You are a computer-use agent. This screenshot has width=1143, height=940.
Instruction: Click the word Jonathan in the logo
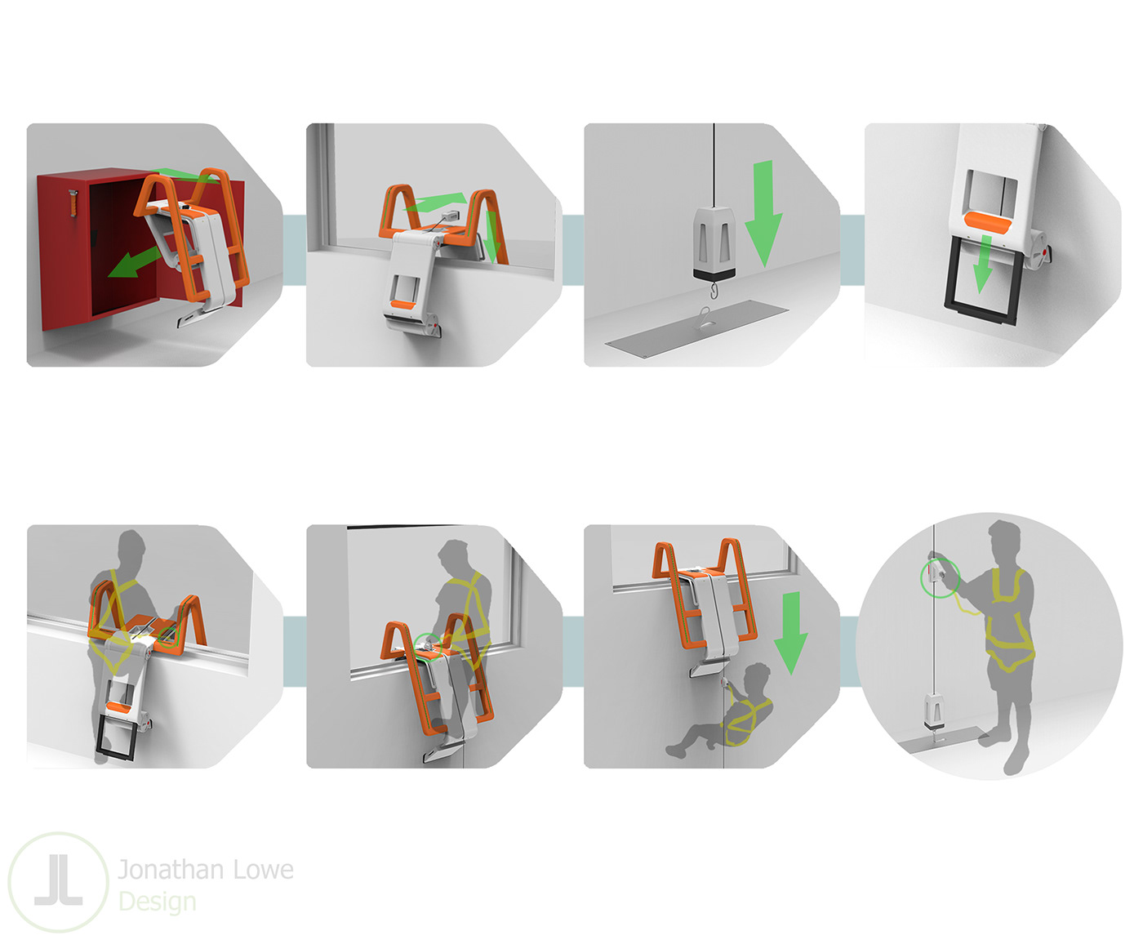coord(171,869)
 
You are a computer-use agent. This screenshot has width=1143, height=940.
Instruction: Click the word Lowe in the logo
coord(263,869)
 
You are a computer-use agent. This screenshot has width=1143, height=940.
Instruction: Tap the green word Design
coord(158,902)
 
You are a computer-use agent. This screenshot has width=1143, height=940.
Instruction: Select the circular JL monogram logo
coord(59,883)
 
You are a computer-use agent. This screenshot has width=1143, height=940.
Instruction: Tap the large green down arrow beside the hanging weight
coord(763,213)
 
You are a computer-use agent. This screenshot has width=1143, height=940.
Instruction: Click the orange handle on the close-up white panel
coord(987,222)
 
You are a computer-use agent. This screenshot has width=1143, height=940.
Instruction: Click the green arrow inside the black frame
coord(982,264)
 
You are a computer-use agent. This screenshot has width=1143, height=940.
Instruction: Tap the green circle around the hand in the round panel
coord(941,579)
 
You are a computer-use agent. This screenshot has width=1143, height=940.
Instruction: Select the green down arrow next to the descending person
coord(791,633)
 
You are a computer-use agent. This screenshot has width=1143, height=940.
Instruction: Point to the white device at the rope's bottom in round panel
coord(935,711)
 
